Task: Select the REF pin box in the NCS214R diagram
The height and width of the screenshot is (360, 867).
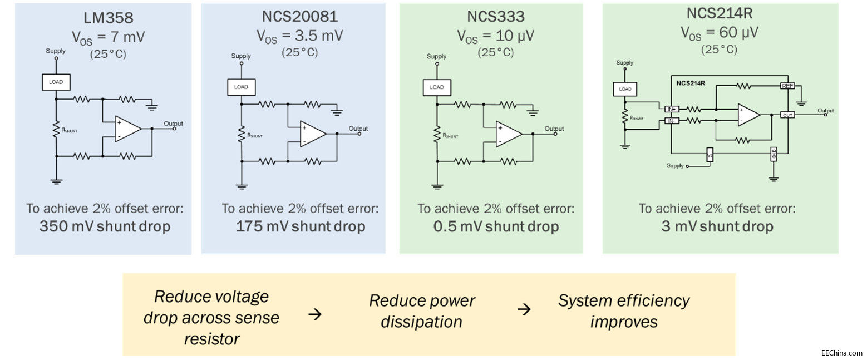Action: coord(787,86)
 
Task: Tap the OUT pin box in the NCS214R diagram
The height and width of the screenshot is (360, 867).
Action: coord(787,115)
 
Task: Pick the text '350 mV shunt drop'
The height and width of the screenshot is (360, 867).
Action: coord(105,226)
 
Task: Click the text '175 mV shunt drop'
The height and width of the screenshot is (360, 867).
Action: coord(301,226)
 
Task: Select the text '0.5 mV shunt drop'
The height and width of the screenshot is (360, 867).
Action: coord(496,226)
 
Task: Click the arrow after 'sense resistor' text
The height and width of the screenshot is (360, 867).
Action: coord(315,315)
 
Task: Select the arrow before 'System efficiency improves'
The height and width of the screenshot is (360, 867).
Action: coord(524,309)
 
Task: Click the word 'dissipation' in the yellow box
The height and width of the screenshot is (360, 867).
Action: coord(421,322)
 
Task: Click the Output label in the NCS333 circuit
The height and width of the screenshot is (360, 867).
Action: coord(554,129)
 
